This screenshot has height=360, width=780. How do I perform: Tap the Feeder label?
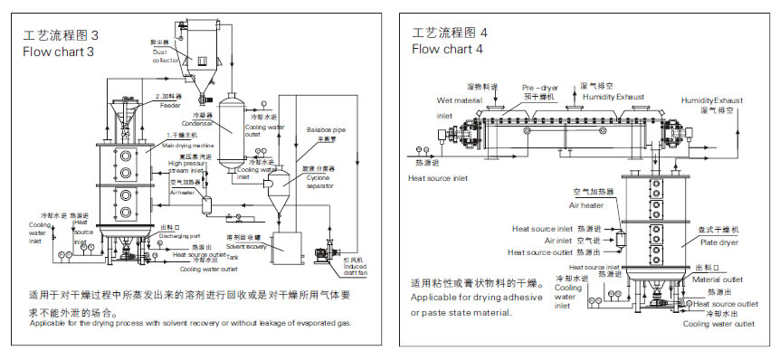click(170, 105)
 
